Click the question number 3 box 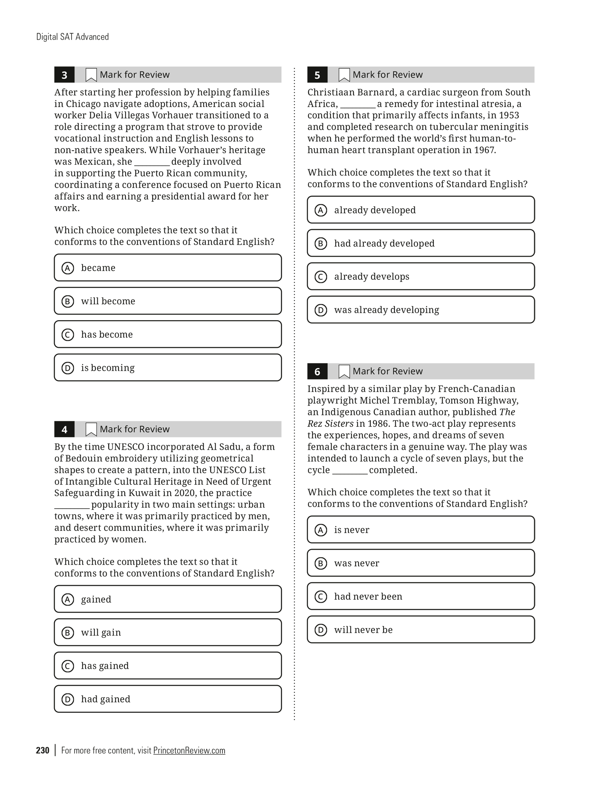click(x=64, y=75)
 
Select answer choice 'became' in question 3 click(x=168, y=268)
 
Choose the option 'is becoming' click(x=168, y=368)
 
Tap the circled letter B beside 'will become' click(x=67, y=301)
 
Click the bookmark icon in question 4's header click(x=91, y=429)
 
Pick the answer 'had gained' click(x=168, y=699)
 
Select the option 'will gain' click(x=168, y=632)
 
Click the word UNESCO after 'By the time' click(x=125, y=447)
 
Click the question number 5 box click(x=317, y=75)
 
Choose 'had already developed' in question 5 click(x=421, y=243)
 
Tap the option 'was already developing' click(x=421, y=310)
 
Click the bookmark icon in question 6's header click(x=344, y=371)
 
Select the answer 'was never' click(x=421, y=563)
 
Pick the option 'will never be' click(x=421, y=630)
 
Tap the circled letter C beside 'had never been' click(x=321, y=597)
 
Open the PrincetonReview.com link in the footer click(x=189, y=750)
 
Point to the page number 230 click(x=43, y=750)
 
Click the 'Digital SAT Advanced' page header click(x=73, y=37)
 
